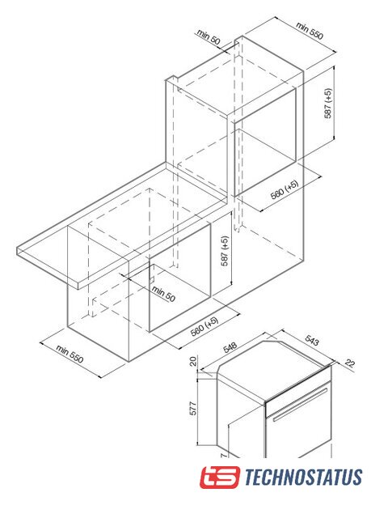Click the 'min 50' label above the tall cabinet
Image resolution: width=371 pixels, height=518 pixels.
tap(209, 37)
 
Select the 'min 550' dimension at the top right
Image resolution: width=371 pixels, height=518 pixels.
tap(310, 31)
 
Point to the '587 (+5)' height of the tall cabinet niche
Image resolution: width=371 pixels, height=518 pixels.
tap(328, 103)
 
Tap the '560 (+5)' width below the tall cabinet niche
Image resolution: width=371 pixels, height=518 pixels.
tap(285, 189)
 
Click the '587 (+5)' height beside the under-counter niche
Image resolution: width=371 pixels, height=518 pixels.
tap(225, 251)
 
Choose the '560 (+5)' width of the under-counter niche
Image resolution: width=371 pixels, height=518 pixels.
tap(204, 326)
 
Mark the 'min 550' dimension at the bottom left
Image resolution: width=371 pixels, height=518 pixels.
tap(70, 354)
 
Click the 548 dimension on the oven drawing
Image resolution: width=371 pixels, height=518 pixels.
tap(230, 347)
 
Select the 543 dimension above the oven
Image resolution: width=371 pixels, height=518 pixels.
tap(312, 340)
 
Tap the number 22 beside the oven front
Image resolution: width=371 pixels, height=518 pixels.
tap(349, 363)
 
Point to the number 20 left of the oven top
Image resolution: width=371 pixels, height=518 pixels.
tap(193, 361)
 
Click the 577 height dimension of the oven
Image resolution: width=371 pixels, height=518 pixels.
tap(193, 408)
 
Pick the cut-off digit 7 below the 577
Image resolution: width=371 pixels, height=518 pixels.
tap(224, 455)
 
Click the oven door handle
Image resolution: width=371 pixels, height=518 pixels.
tap(300, 405)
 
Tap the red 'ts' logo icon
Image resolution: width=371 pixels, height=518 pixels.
tap(220, 477)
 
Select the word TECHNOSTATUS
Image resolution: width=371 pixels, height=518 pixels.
tap(303, 477)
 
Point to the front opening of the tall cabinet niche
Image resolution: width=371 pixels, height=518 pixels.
tap(265, 142)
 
